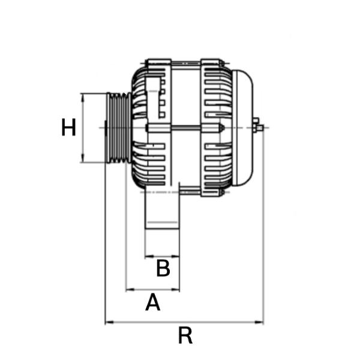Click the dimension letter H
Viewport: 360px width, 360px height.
point(68,127)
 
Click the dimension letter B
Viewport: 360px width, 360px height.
point(163,268)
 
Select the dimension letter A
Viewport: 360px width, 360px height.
point(152,302)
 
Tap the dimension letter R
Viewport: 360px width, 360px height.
point(185,335)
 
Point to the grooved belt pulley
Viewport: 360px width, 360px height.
point(119,128)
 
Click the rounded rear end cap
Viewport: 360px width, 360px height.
point(242,128)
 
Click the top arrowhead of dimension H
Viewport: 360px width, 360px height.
point(83,97)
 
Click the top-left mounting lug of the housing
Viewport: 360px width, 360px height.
point(160,62)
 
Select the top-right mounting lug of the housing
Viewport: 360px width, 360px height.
point(211,62)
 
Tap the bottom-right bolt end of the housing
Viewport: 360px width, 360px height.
point(222,193)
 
